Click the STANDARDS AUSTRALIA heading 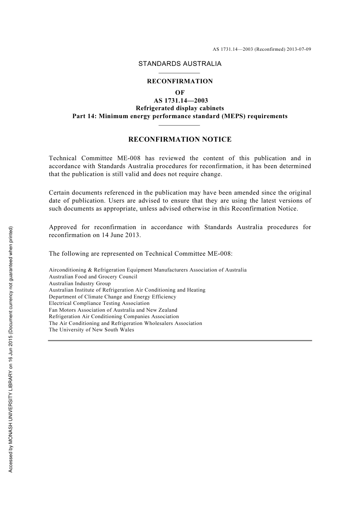[180, 64]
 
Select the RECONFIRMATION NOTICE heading [180, 139]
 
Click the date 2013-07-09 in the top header [299, 49]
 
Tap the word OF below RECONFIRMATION [180, 92]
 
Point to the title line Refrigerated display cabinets [180, 108]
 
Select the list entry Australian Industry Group [80, 283]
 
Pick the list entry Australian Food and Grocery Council [93, 277]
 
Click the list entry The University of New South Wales [91, 330]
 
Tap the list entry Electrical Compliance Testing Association [99, 303]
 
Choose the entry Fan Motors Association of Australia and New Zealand [113, 310]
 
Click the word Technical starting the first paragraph [63, 158]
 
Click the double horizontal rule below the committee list [180, 341]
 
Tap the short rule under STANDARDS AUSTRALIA [179, 73]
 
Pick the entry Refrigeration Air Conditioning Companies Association [114, 317]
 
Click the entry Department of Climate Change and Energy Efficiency [113, 297]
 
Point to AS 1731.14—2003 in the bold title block [180, 101]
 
